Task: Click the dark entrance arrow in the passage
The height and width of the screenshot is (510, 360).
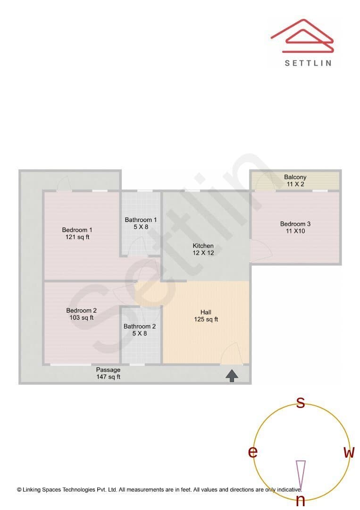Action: point(232,376)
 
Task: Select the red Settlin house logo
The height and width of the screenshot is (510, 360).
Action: point(302,36)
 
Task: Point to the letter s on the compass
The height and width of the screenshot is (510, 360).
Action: point(301,402)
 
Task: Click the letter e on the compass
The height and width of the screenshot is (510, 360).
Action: point(253,452)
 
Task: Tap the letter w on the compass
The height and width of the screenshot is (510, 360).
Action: point(349,452)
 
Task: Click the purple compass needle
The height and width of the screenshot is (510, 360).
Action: point(301,475)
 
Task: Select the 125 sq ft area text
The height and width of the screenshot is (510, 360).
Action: point(206,319)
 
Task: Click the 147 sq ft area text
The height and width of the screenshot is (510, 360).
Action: point(108,377)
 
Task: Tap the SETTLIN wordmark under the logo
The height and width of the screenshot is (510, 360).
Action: point(308,63)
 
